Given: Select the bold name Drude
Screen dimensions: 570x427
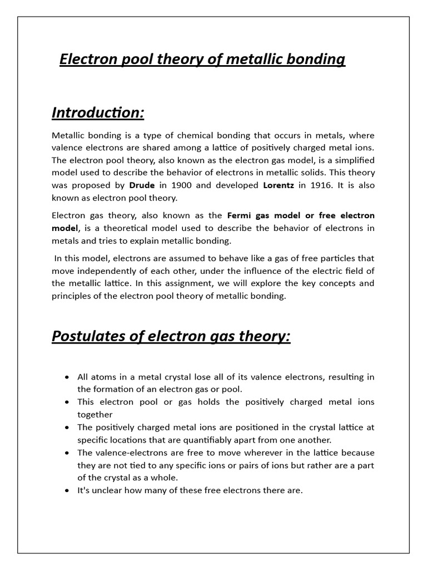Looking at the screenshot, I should [x=142, y=185].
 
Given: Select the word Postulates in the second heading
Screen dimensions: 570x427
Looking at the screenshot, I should [x=87, y=337].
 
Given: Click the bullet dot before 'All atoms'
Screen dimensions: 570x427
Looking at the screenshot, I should [x=67, y=377].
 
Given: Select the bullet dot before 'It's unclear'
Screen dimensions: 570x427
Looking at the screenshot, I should [x=67, y=490].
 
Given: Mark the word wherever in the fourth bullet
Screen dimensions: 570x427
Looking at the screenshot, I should [x=236, y=453].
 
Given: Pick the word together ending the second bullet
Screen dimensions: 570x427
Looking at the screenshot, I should [x=95, y=414].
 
